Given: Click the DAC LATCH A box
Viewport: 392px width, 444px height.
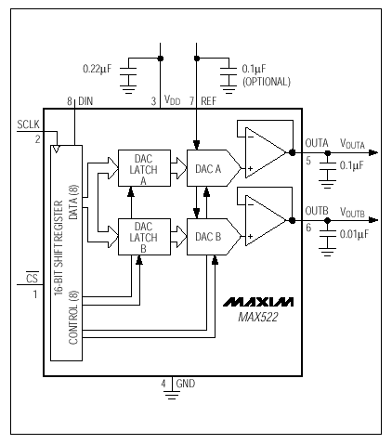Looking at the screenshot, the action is [x=144, y=168].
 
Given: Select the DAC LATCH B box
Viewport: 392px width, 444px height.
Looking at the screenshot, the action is [x=144, y=237].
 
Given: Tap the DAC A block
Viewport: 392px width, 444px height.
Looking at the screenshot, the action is [x=214, y=168].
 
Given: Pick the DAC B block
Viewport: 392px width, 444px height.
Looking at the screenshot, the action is [x=214, y=237].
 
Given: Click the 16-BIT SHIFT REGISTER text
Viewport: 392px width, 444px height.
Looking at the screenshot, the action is [x=59, y=248].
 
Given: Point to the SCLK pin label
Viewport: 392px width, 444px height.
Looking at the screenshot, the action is [x=28, y=124].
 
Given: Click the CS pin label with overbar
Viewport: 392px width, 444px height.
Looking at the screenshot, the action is [x=32, y=278].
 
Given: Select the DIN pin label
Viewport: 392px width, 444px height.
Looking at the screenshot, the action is [x=85, y=101].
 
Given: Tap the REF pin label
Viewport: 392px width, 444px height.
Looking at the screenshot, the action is [x=209, y=101].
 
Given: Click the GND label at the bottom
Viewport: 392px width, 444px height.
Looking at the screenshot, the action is [x=186, y=384].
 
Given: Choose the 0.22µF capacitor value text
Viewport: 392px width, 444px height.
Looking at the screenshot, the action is [x=97, y=69].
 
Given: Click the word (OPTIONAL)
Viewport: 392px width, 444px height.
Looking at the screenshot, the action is [x=267, y=82].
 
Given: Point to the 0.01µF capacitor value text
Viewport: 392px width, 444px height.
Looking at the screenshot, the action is [x=354, y=234].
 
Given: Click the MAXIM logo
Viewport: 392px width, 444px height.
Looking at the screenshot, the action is [x=258, y=302].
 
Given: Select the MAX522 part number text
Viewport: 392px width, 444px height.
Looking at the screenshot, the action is [x=258, y=317].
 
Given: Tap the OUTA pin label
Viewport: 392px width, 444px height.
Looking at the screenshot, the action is [x=317, y=143].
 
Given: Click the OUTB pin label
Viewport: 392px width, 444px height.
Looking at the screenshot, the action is [x=317, y=211].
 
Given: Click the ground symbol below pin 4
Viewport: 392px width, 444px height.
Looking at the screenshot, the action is [x=172, y=395].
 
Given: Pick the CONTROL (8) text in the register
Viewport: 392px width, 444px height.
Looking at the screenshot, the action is [x=73, y=318].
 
